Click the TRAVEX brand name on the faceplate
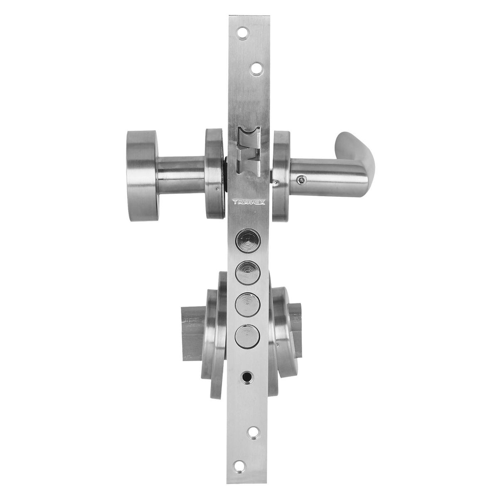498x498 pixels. click(249, 203)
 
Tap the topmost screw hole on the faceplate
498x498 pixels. click(243, 33)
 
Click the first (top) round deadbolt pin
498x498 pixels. click(248, 241)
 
